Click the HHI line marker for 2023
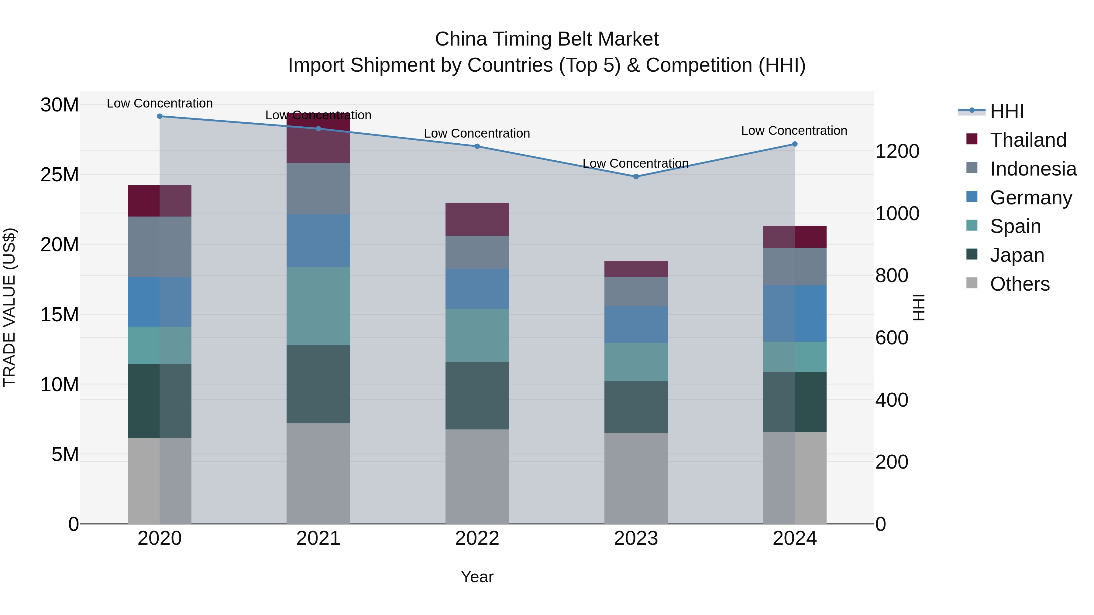coord(636,176)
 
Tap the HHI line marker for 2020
coord(160,116)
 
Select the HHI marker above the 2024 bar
coord(795,144)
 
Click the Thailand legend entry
coord(1027,140)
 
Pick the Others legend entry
coord(1019,284)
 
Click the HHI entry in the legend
coord(1006,111)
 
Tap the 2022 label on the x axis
coord(477,538)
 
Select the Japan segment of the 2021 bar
coord(318,384)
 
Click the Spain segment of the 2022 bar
coord(477,335)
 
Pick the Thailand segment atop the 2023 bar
coord(636,269)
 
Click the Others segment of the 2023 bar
coord(636,478)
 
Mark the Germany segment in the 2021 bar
coord(318,241)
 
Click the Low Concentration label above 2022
coord(477,133)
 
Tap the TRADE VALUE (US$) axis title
coord(9,307)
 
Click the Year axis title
coord(477,577)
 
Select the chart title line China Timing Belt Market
coord(547,39)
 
